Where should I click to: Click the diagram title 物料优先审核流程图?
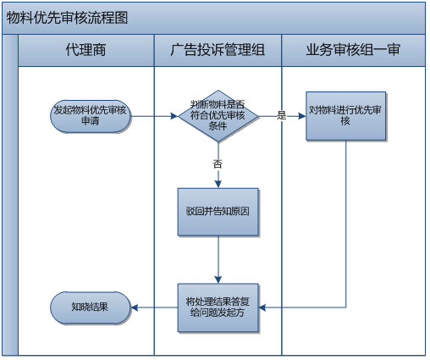[x=68, y=17]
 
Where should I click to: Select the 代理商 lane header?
[x=85, y=51]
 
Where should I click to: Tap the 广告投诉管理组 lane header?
[x=218, y=51]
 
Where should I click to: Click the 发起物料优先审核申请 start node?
[x=91, y=116]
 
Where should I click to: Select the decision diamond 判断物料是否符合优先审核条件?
[x=218, y=116]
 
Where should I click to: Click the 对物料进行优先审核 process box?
[x=345, y=116]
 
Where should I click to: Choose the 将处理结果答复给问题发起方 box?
[x=218, y=306]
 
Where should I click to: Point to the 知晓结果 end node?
[x=90, y=306]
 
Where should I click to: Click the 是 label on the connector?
[x=282, y=115]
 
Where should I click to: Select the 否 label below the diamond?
[x=218, y=162]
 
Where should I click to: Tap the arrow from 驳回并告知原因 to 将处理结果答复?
[x=218, y=258]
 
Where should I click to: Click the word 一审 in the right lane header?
[x=387, y=51]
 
